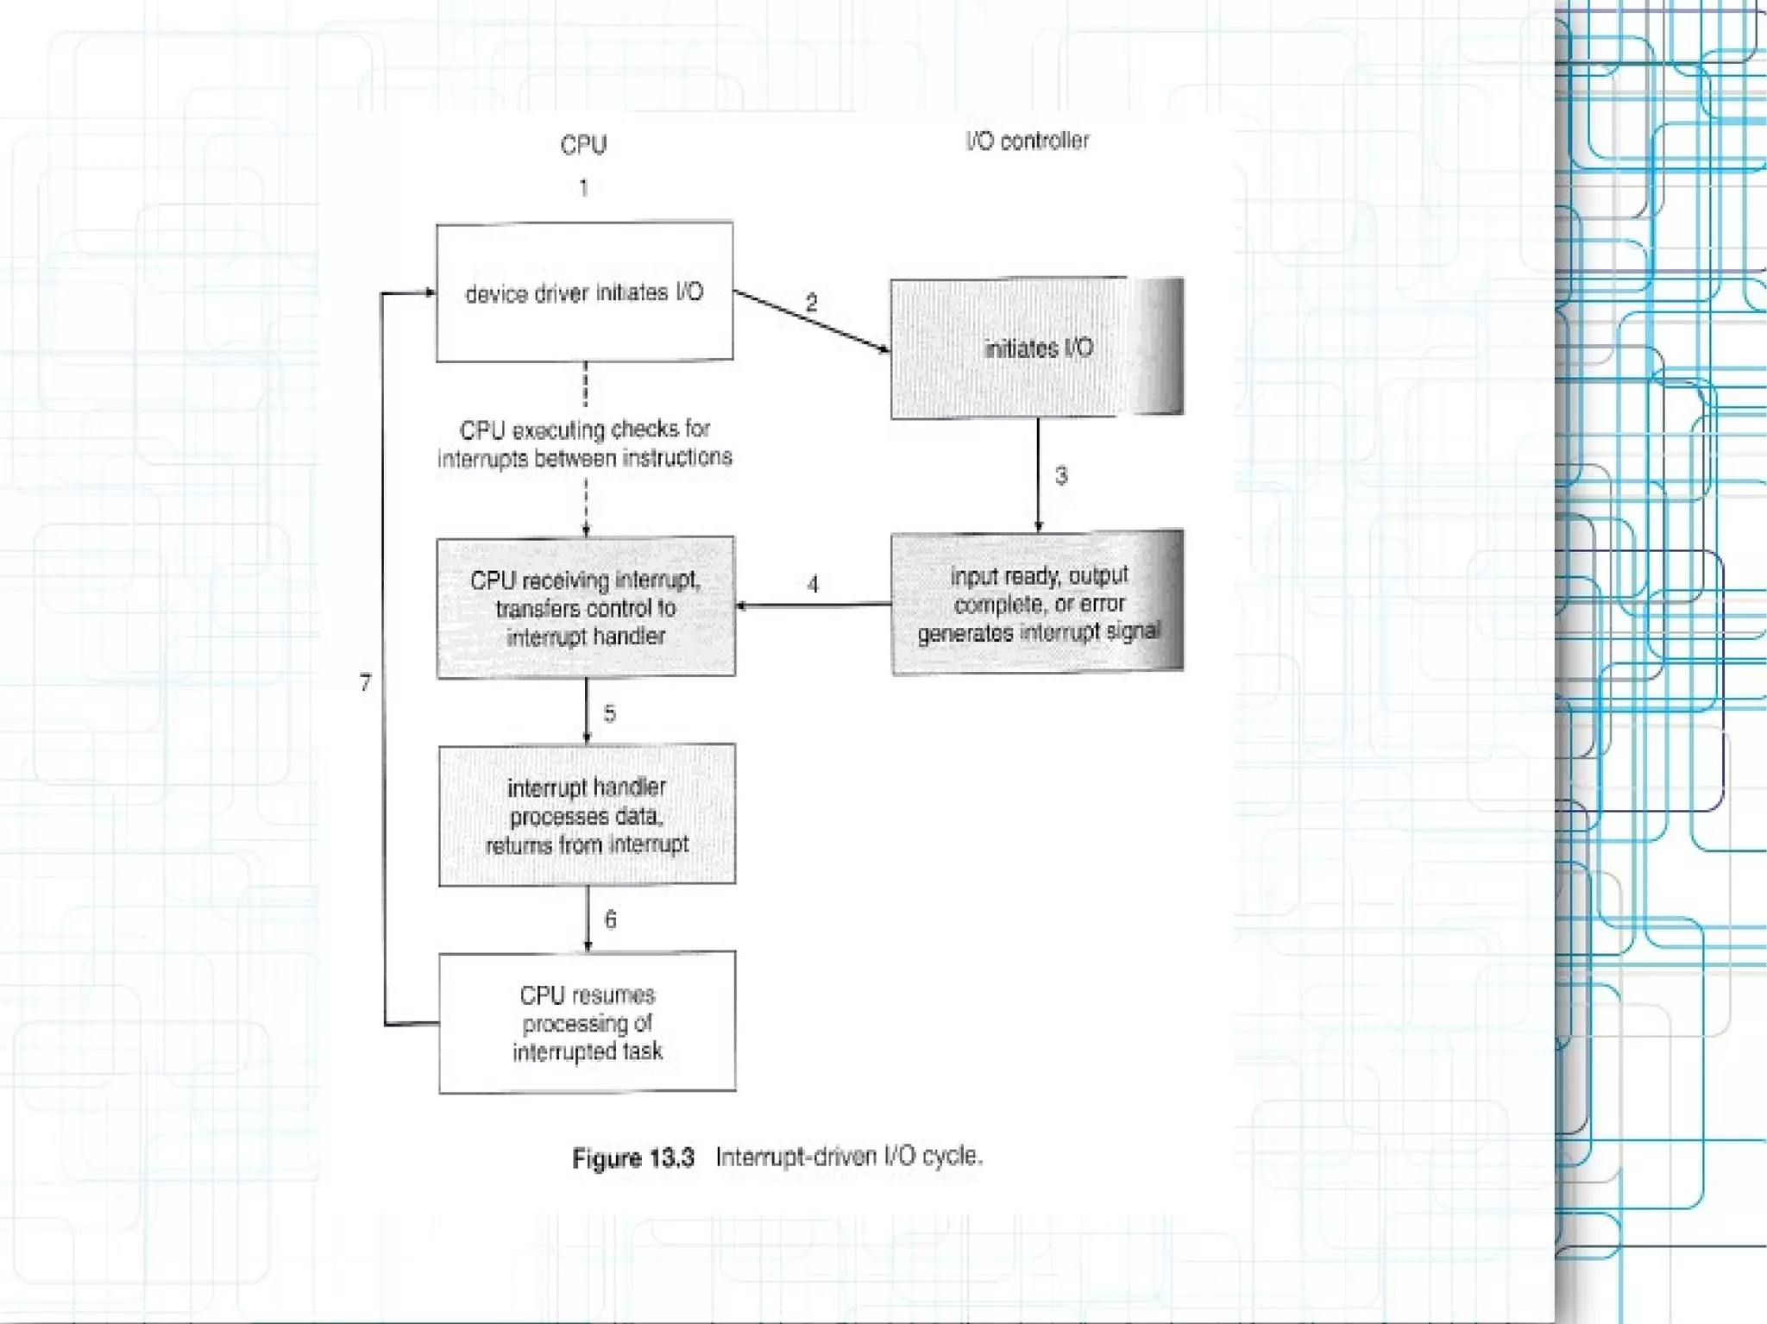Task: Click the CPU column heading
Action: tap(583, 144)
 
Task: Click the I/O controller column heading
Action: tap(1027, 141)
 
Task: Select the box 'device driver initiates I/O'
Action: tap(584, 292)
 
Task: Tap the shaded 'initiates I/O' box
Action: tap(1037, 348)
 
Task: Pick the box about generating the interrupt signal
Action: tap(1037, 603)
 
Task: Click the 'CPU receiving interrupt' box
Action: tap(586, 607)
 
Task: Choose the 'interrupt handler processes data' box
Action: tap(587, 815)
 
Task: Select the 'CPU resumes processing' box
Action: tap(587, 1023)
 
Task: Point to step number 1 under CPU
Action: tap(584, 187)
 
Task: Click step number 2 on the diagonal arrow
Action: tap(811, 302)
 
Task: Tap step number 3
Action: tap(1061, 475)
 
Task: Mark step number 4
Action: tap(813, 585)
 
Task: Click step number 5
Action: tap(610, 713)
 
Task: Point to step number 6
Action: tap(611, 919)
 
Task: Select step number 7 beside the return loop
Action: tap(366, 682)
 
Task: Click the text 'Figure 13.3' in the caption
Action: tap(633, 1158)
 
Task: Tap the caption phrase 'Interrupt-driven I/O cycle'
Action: tap(849, 1156)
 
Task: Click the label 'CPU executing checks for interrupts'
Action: tap(585, 443)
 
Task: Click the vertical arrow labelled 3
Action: tap(1038, 474)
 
